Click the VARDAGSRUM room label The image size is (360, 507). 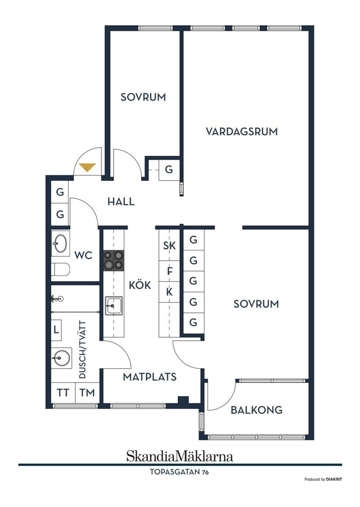[x=242, y=131]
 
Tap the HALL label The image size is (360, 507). [x=121, y=202]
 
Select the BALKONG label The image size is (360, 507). [x=257, y=410]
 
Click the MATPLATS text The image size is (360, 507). [x=150, y=377]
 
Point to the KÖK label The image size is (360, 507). [x=140, y=285]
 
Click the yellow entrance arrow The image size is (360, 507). [x=87, y=167]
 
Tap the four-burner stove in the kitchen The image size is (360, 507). [x=113, y=260]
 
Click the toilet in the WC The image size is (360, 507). [x=60, y=271]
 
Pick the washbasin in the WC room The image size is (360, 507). [x=60, y=243]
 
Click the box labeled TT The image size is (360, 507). [x=63, y=393]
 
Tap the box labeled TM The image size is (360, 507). [x=87, y=393]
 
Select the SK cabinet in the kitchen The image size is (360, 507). [x=169, y=246]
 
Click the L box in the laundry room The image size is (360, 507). [x=57, y=329]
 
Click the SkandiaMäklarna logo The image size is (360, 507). [x=179, y=456]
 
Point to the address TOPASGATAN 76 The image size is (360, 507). [x=179, y=472]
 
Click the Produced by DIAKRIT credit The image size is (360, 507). [x=323, y=479]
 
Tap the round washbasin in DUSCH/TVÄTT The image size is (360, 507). [x=61, y=358]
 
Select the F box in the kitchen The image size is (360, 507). [x=170, y=271]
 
